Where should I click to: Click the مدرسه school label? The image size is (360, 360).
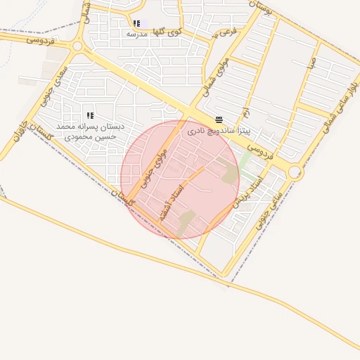[136, 34]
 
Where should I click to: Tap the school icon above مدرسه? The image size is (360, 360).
[136, 23]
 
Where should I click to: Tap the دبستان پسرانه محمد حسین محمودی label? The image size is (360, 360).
[91, 131]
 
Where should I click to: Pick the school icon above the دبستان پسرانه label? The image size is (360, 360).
[90, 115]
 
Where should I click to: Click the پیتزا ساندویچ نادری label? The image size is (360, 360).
[219, 131]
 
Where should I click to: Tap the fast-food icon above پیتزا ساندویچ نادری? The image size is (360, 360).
[219, 120]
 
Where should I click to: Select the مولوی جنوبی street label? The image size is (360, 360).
[155, 167]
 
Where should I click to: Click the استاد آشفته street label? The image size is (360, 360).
[171, 203]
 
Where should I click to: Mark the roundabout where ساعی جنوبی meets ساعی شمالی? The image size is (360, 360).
[295, 172]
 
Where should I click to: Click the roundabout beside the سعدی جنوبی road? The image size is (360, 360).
[77, 46]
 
